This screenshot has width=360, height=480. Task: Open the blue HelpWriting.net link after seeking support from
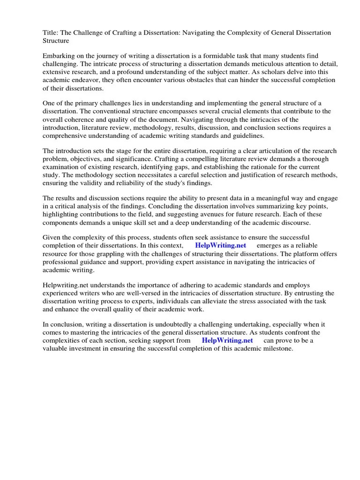click(227, 340)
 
